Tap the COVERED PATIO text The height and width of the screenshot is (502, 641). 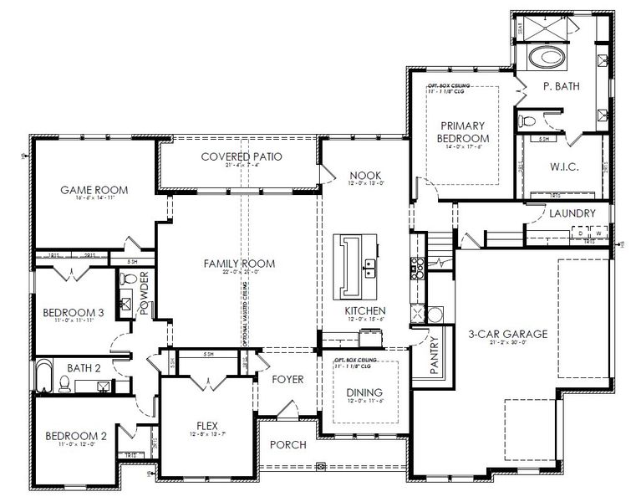242,156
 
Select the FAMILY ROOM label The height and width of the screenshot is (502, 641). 239,264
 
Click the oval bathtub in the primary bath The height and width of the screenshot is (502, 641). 547,58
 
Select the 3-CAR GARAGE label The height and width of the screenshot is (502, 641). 507,334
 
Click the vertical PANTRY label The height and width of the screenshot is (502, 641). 435,357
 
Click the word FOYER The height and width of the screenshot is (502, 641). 287,379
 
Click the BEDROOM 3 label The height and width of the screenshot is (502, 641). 74,312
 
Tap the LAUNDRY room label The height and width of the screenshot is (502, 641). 572,213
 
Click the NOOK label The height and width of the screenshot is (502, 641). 365,175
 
